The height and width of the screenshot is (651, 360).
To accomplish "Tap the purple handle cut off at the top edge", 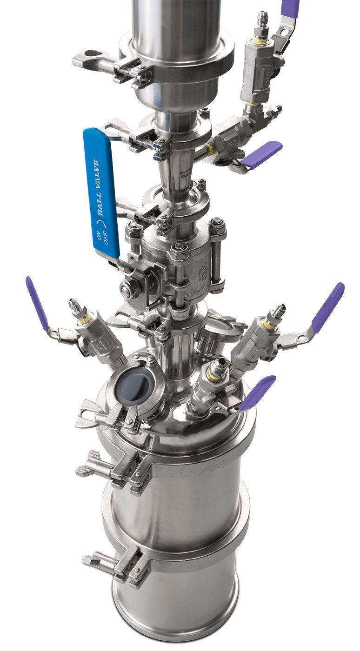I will (290, 8).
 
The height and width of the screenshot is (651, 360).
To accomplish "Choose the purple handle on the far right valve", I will (328, 307).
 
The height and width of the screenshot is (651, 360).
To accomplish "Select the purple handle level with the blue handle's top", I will (263, 153).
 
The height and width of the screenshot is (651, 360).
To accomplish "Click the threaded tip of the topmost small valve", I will (263, 20).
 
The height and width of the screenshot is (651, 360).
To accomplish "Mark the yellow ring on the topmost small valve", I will (261, 42).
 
